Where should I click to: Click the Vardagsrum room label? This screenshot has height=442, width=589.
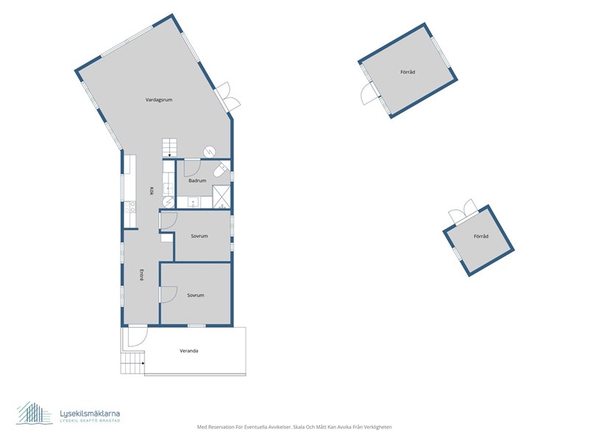[x=159, y=100]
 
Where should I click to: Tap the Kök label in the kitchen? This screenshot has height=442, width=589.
[x=152, y=192]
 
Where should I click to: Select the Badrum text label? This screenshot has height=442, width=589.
[x=197, y=180]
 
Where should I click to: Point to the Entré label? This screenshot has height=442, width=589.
[x=141, y=275]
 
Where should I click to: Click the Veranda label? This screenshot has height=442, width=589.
[x=189, y=351]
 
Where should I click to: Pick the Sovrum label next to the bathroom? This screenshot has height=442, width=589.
[x=200, y=236]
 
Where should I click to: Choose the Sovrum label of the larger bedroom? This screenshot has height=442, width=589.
[x=196, y=295]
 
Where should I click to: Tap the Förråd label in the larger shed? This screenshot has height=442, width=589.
[x=408, y=71]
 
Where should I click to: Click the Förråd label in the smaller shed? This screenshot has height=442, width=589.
[x=482, y=236]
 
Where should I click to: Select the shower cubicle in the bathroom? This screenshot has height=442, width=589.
[x=222, y=197]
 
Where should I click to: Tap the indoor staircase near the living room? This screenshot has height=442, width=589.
[x=169, y=147]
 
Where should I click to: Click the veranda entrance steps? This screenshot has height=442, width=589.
[x=133, y=363]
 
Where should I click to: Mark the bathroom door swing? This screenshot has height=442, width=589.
[x=191, y=168]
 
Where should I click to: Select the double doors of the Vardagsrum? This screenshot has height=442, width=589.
[x=228, y=97]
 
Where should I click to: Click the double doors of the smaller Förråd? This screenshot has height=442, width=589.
[x=463, y=212]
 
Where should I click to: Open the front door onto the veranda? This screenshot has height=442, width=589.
[x=138, y=337]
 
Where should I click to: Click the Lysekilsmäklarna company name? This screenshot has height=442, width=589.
[x=90, y=413]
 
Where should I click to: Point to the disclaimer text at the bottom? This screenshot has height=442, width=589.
[x=294, y=427]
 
